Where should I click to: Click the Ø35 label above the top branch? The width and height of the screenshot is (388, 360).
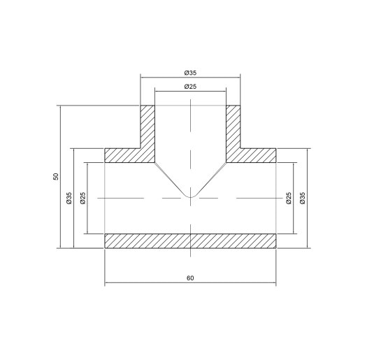(x=189, y=71)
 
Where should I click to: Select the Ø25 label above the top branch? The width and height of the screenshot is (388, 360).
(x=189, y=86)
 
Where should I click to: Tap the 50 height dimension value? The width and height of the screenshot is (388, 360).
(x=56, y=177)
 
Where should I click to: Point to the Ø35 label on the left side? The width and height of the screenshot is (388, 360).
(x=69, y=199)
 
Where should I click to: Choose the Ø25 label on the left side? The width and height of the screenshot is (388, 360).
(x=82, y=199)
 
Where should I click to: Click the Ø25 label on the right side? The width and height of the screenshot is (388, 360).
(x=289, y=199)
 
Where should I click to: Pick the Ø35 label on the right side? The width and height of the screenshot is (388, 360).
(x=303, y=199)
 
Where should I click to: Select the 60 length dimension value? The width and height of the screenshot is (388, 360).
(x=190, y=278)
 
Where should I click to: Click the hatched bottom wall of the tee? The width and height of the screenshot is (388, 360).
(x=190, y=240)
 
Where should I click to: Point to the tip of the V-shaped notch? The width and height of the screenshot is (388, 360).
(x=190, y=196)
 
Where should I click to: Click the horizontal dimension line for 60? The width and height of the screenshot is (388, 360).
(x=140, y=284)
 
